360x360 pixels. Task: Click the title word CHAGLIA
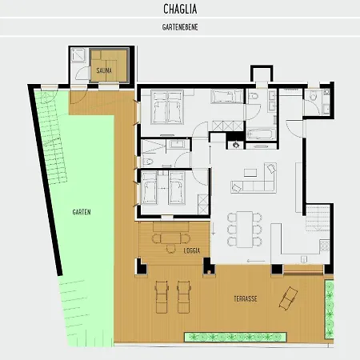(x=180, y=9)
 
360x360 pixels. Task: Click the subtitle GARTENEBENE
(x=180, y=27)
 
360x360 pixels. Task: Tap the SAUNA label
(x=104, y=70)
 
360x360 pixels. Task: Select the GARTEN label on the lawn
(x=82, y=212)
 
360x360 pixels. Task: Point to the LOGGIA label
(x=192, y=250)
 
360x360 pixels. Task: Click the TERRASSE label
(x=246, y=298)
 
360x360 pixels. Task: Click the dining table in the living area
(x=245, y=230)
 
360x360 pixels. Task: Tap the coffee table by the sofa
(x=250, y=172)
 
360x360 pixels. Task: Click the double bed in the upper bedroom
(x=167, y=107)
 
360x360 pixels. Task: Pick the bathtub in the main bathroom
(x=261, y=134)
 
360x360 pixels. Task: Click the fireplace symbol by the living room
(x=236, y=145)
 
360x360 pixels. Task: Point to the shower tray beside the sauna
(x=78, y=55)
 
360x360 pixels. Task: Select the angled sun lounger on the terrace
(x=288, y=298)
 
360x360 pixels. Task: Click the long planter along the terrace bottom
(x=235, y=337)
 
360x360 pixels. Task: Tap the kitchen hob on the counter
(x=325, y=246)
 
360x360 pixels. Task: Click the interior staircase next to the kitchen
(x=318, y=218)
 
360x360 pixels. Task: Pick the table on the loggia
(x=170, y=238)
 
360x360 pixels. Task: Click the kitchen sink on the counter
(x=304, y=259)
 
